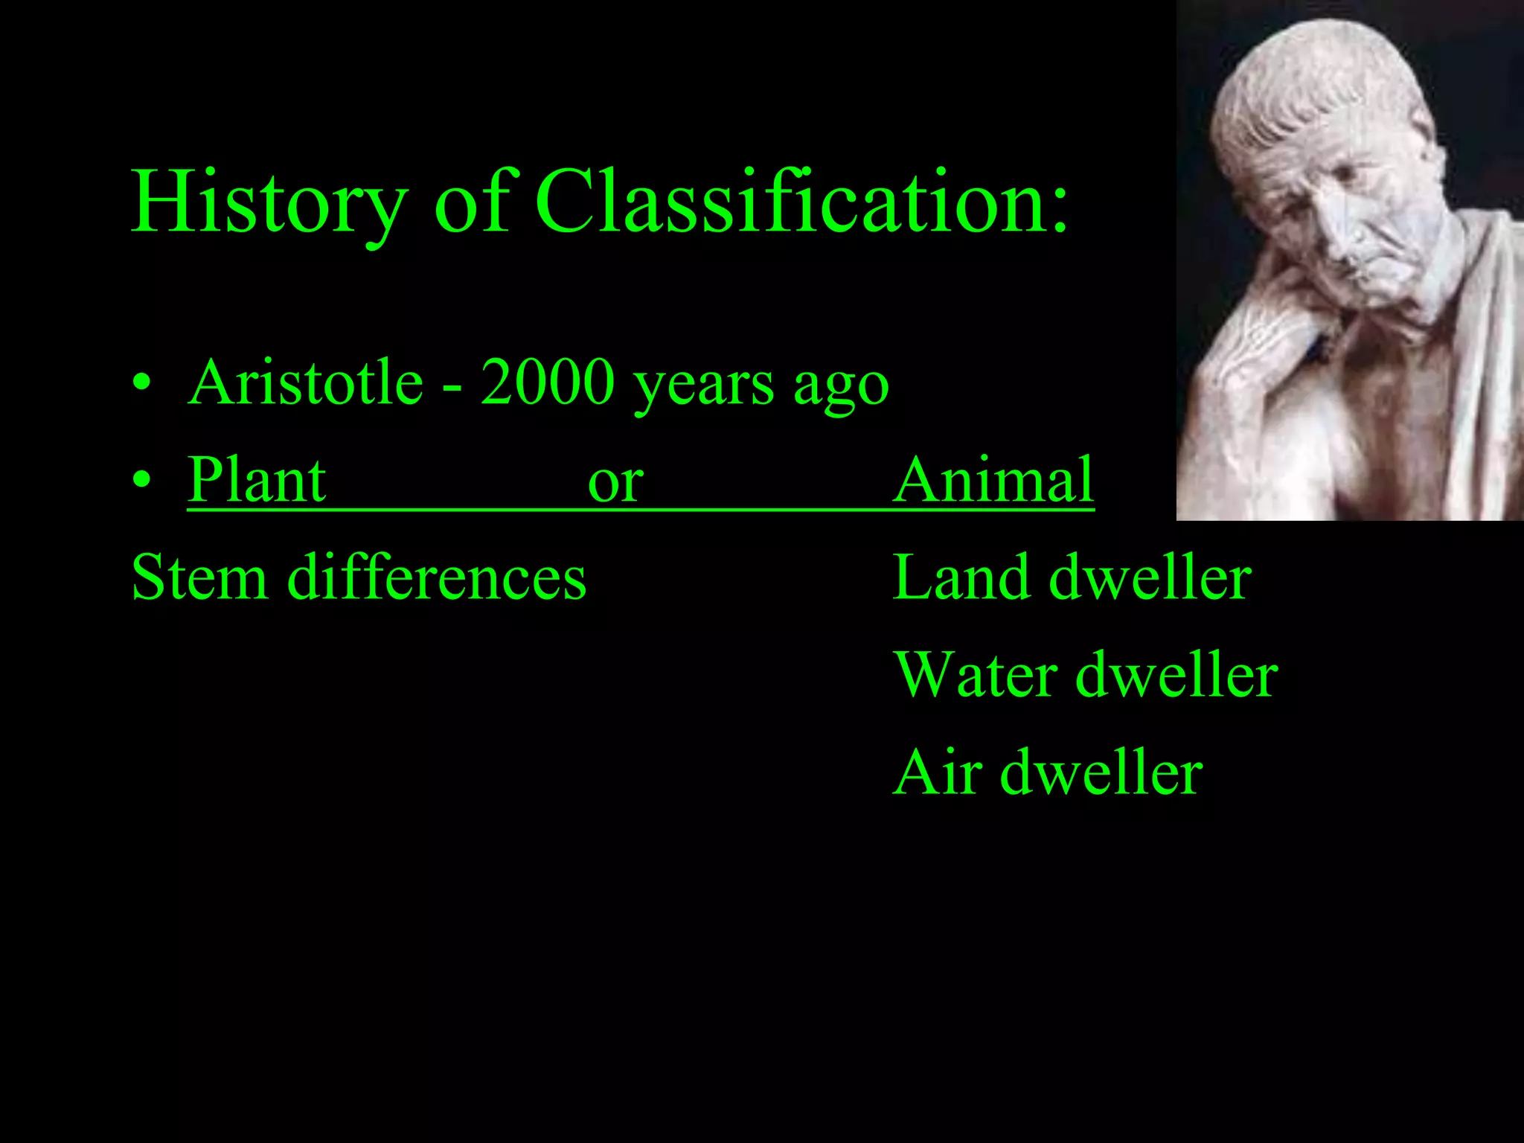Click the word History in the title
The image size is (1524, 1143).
(x=269, y=202)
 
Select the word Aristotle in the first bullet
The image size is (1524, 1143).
(x=306, y=382)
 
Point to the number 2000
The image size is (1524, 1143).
(x=547, y=382)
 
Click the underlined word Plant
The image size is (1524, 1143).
(x=257, y=480)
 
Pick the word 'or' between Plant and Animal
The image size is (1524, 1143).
(x=615, y=484)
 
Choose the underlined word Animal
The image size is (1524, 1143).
(x=993, y=480)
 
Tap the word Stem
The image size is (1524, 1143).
(x=199, y=577)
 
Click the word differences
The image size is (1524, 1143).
(x=437, y=577)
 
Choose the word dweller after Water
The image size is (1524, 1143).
(x=1176, y=675)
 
